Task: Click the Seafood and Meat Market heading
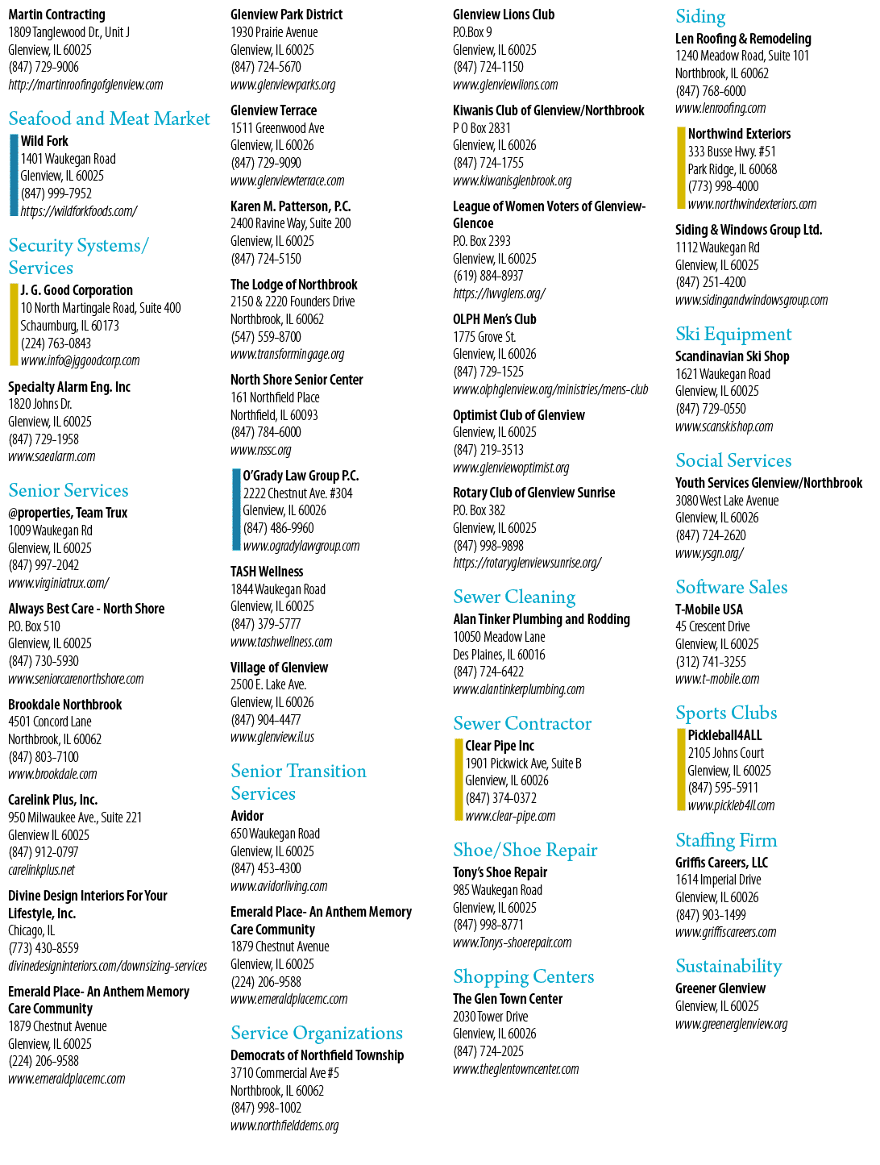(x=109, y=119)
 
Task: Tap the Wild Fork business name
(x=44, y=141)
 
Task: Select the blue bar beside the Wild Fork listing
(x=14, y=175)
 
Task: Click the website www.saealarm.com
(x=52, y=456)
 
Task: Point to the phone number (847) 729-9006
(x=44, y=67)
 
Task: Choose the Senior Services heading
(x=68, y=490)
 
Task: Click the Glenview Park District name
(x=286, y=15)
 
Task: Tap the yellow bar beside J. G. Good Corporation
(x=14, y=324)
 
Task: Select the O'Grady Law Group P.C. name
(x=301, y=476)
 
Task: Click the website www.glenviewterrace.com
(x=288, y=181)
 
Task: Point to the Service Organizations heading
(x=317, y=1033)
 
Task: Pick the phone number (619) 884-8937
(x=488, y=276)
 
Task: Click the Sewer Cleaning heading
(x=514, y=597)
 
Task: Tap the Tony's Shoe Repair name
(x=500, y=872)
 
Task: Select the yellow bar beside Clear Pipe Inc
(x=459, y=780)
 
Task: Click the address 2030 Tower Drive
(x=491, y=1017)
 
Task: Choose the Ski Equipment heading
(x=733, y=335)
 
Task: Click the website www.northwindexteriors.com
(x=752, y=204)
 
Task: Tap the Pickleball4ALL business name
(x=725, y=735)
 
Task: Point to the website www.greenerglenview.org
(x=732, y=1024)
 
